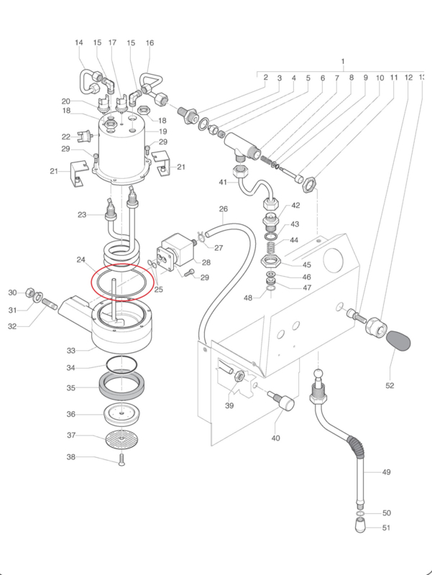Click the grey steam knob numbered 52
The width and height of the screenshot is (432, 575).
click(x=398, y=341)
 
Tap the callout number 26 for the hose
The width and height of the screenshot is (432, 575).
click(x=224, y=209)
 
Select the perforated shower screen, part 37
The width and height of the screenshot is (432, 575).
click(x=121, y=438)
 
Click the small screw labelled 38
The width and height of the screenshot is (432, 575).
click(x=121, y=459)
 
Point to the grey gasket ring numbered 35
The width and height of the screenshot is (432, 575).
click(x=121, y=386)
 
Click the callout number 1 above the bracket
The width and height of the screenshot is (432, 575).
click(x=343, y=61)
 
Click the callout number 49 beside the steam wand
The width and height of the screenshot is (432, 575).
click(x=386, y=472)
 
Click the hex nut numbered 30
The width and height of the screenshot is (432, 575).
click(x=29, y=293)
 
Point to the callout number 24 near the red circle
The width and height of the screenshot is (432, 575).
click(x=81, y=259)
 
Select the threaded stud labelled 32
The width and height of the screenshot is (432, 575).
click(x=50, y=304)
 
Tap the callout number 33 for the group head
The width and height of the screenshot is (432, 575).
click(x=70, y=351)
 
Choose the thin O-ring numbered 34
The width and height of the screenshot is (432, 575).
click(x=121, y=364)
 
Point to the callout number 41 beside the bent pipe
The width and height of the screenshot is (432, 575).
click(x=224, y=183)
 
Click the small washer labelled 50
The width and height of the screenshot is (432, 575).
click(x=360, y=512)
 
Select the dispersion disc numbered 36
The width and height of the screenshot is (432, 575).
click(x=121, y=414)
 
